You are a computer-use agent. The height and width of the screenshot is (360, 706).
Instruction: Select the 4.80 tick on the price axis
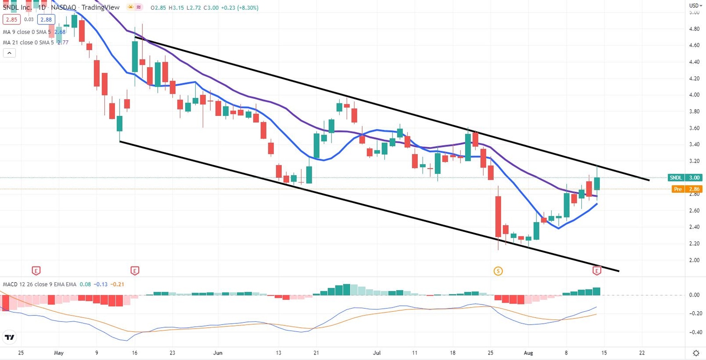tap(694, 29)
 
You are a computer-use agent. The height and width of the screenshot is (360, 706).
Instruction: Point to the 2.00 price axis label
tap(694, 260)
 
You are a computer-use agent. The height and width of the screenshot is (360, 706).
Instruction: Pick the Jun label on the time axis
tap(218, 353)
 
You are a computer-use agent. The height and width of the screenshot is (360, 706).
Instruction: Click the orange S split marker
tap(498, 271)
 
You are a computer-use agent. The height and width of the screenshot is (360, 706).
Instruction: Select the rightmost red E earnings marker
tap(597, 271)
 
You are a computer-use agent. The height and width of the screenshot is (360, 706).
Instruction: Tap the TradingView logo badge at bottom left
tap(10, 337)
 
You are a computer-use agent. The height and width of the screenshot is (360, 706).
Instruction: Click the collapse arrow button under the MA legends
tap(9, 53)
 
